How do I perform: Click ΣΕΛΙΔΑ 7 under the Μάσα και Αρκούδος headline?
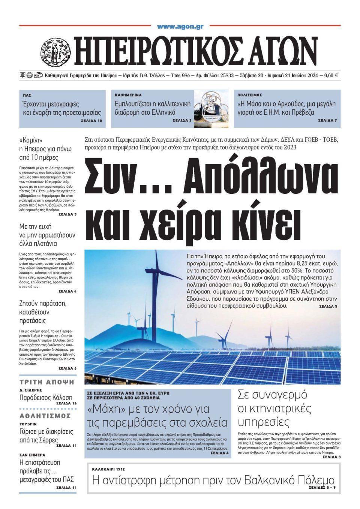[327, 121]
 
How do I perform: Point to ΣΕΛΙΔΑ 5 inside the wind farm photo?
[328, 307]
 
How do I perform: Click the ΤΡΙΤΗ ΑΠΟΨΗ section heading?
[47, 382]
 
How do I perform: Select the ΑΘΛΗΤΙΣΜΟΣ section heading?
[45, 416]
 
